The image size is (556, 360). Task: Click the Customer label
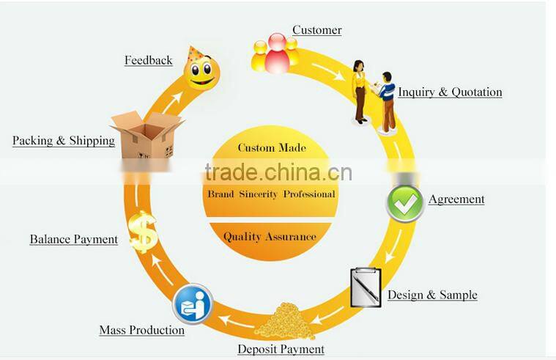(x=317, y=30)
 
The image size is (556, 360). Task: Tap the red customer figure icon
(x=278, y=54)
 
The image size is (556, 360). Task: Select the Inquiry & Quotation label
(x=450, y=92)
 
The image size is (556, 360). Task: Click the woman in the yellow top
(x=360, y=92)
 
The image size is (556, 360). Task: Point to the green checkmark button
(x=405, y=203)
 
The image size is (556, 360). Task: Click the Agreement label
(x=456, y=199)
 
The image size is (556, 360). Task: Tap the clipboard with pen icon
(x=366, y=287)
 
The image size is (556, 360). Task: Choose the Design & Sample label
(x=432, y=295)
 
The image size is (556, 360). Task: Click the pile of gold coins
(x=285, y=321)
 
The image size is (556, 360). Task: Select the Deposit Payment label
(x=281, y=349)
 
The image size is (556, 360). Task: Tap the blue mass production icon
(x=193, y=304)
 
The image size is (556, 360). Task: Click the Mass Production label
(x=142, y=330)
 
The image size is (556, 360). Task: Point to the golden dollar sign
(x=143, y=232)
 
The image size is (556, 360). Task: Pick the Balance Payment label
(x=74, y=239)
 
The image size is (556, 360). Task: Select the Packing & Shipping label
(x=64, y=141)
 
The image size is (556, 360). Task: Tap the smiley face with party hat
(x=201, y=69)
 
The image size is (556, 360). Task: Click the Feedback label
(x=148, y=60)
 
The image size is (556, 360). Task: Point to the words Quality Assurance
(x=270, y=237)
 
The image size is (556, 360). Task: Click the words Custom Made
(x=272, y=147)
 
